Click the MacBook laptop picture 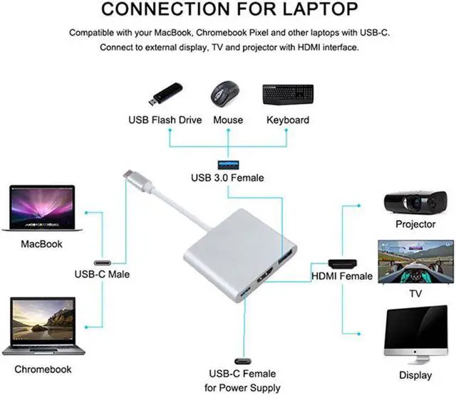41,209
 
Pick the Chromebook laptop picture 43,326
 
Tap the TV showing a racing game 415,263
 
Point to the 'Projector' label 415,225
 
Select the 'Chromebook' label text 43,369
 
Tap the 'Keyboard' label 288,120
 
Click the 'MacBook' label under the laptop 41,244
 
